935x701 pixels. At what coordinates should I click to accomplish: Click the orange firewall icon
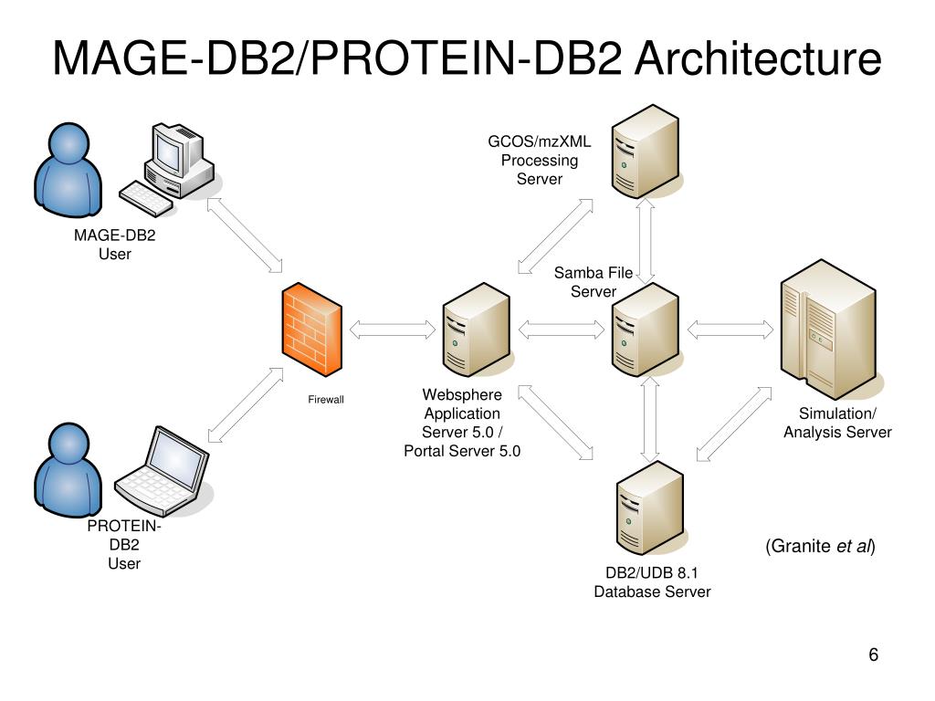click(312, 330)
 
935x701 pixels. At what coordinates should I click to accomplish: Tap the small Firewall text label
click(326, 400)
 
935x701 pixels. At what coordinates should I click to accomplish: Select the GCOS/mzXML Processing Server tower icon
click(646, 152)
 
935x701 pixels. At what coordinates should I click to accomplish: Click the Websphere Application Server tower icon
click(477, 330)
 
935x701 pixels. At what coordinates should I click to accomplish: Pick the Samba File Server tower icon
click(646, 330)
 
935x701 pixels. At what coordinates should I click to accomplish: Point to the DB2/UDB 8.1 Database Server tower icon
click(650, 507)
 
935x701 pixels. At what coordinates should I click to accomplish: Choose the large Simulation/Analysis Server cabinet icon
click(829, 330)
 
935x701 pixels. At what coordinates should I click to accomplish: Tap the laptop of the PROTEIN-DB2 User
click(162, 470)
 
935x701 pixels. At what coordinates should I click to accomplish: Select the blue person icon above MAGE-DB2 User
click(68, 170)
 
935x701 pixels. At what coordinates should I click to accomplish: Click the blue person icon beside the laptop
click(68, 470)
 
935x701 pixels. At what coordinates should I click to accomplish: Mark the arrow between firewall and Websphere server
click(393, 330)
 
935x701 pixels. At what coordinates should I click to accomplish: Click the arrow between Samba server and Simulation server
click(730, 330)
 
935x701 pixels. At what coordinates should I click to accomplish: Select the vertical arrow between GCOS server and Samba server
click(646, 241)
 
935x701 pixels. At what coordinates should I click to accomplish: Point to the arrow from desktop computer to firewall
click(245, 235)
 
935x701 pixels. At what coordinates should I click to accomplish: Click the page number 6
click(874, 654)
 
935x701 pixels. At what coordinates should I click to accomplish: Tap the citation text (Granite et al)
click(820, 546)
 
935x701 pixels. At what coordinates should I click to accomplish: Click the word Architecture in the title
click(758, 58)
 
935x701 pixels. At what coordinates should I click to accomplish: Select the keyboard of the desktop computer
click(146, 198)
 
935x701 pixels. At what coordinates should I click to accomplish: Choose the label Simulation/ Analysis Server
click(837, 423)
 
